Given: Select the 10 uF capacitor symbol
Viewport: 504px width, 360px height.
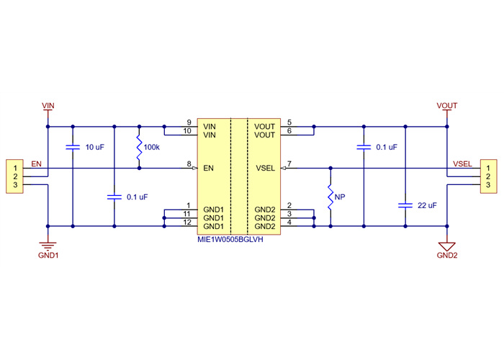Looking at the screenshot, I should [x=73, y=148].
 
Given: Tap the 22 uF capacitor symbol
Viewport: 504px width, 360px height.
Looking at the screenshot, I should [x=405, y=205].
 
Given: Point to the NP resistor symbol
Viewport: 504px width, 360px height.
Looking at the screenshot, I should [x=330, y=197].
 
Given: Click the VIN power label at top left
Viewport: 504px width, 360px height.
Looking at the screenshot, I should [x=48, y=106].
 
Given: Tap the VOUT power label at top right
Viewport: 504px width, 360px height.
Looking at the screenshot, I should [x=447, y=106].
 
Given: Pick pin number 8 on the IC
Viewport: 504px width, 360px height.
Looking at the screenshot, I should [x=189, y=165].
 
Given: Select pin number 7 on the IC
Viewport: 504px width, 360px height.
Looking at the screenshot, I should [x=289, y=165].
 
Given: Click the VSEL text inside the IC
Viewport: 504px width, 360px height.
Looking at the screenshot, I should [x=265, y=169].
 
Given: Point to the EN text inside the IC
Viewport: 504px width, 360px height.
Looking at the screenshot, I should [x=209, y=169].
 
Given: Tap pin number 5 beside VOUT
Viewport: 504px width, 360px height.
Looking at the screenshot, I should [x=289, y=122].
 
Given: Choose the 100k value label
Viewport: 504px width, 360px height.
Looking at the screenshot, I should [x=152, y=148].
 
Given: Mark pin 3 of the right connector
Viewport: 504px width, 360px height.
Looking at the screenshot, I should [x=487, y=186].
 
